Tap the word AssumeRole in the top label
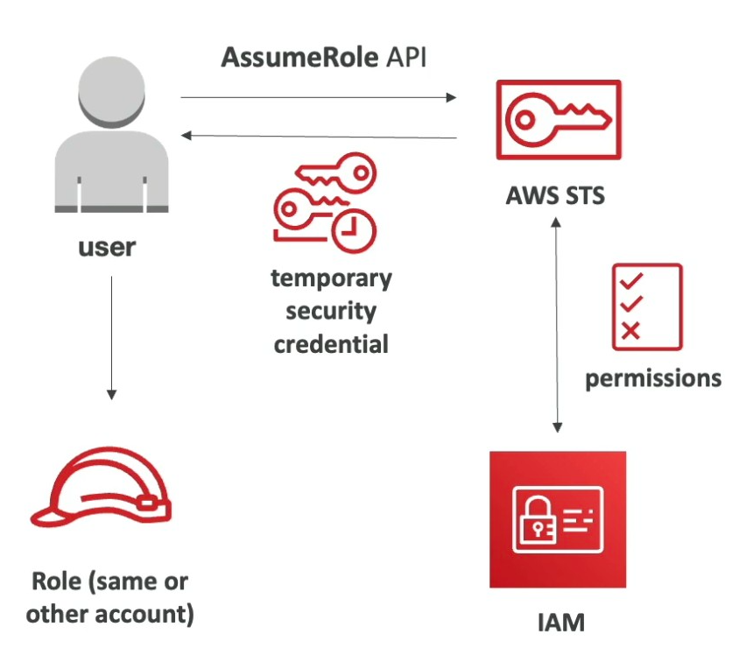[283, 58]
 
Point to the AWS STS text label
[554, 194]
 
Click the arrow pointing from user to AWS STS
[320, 98]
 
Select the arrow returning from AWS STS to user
[320, 136]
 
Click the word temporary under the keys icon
[331, 279]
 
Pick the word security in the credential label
[331, 312]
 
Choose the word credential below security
[331, 343]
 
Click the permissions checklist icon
[646, 306]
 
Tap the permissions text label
[653, 378]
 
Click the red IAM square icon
[558, 519]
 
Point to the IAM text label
[559, 623]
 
